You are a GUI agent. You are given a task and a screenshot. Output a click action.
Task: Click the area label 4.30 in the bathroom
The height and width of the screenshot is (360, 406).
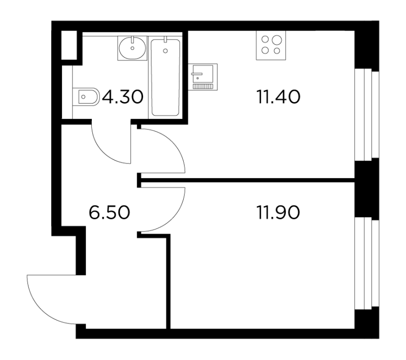coord(123,96)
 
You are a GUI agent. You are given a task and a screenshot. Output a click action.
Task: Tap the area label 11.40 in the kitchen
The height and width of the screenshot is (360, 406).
coord(278,96)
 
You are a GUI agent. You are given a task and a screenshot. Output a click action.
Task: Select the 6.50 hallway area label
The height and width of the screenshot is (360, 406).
coord(109,212)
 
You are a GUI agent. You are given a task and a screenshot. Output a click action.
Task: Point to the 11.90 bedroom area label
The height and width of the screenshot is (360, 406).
coord(278,212)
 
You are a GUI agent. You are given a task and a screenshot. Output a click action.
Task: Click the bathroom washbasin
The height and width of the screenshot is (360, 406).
coord(132,48)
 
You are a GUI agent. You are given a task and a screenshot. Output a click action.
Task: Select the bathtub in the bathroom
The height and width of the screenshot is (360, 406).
coord(165,77)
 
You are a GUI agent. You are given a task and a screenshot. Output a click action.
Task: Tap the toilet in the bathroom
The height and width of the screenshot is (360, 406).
coord(86,97)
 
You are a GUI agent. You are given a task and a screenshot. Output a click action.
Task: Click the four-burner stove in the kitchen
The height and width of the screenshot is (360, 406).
coord(271,45)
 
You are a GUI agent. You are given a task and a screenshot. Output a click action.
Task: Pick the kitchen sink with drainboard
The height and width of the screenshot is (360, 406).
coord(202,77)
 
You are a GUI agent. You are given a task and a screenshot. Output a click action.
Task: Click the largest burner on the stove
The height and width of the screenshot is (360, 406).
coord(277,40)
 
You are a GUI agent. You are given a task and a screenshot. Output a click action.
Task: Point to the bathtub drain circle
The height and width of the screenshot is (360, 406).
coord(165,51)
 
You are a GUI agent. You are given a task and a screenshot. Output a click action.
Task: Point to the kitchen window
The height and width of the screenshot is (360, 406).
coord(366,115)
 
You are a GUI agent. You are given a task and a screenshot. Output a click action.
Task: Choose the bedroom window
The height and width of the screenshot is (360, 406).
coord(366,264)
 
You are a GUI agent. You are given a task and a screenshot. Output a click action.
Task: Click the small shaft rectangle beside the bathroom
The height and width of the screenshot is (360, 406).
coord(69,45)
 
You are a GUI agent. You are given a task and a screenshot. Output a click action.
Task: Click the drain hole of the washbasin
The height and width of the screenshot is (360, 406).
coord(132,48)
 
